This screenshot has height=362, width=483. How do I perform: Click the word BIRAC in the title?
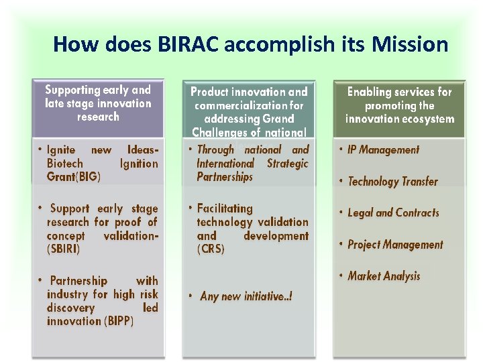point(189,44)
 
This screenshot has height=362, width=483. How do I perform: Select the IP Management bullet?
point(383,150)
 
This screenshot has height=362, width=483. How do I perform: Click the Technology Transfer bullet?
point(392,182)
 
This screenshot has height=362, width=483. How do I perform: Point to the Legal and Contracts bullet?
point(393,213)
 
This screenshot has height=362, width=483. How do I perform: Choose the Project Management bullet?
point(395,245)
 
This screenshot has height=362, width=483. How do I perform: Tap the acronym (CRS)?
point(211,249)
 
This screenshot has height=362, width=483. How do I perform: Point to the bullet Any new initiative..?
point(246,296)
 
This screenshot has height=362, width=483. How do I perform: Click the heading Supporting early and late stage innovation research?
point(98,103)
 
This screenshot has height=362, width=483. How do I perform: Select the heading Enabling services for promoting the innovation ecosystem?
point(399,105)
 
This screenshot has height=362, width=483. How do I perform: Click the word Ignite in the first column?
point(61,150)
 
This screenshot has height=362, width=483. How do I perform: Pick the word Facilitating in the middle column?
point(225,208)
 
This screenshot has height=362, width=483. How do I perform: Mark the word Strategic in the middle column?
point(287,164)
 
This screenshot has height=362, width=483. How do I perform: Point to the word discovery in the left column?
point(70,308)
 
